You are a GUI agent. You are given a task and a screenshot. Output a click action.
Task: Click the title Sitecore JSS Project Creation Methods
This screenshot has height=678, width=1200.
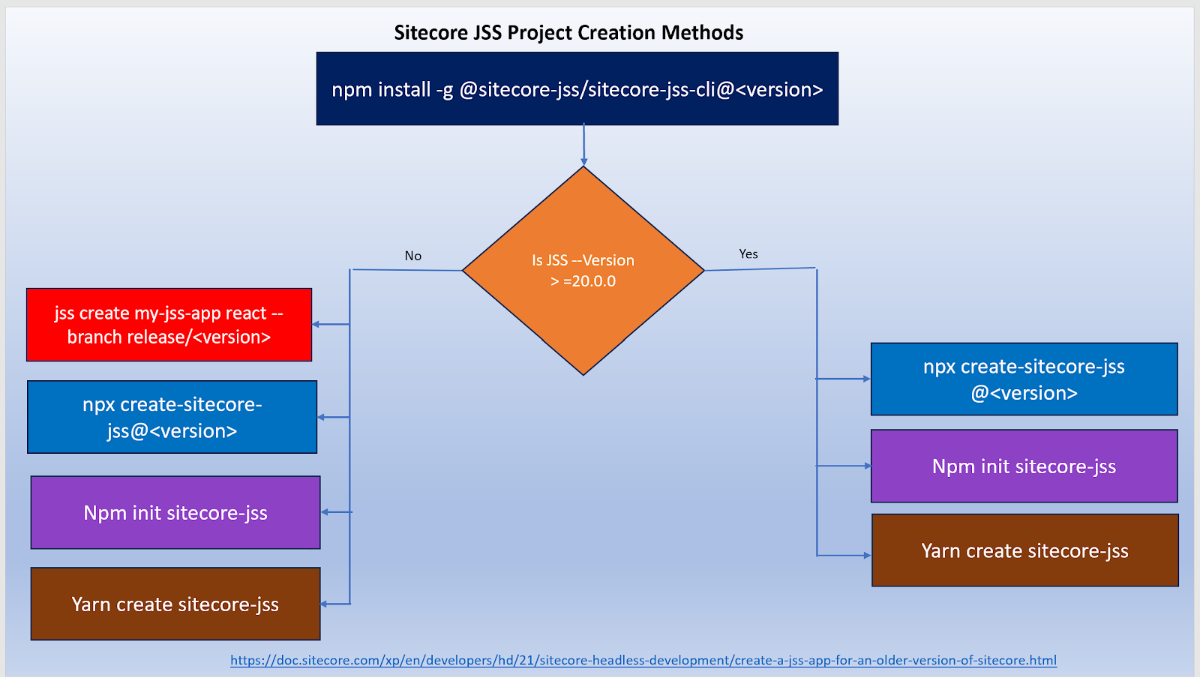(x=568, y=33)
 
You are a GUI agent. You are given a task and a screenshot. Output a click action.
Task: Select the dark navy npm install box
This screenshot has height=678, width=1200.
(x=577, y=88)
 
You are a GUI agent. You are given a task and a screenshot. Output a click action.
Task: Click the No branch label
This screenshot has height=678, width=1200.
(x=413, y=256)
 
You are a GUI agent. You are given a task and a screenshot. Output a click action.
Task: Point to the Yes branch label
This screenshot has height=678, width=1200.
(x=748, y=254)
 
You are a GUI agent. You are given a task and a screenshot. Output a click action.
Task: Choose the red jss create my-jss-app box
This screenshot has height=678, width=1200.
(x=169, y=325)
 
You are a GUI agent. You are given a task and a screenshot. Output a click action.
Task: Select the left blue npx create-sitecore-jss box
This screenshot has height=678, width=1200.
(x=172, y=417)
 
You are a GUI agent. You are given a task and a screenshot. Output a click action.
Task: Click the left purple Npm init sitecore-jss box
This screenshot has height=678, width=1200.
(x=175, y=512)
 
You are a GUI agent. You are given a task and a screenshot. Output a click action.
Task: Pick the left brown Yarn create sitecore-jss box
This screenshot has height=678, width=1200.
(x=175, y=604)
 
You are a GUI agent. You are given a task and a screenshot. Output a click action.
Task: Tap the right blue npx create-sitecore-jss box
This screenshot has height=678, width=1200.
(x=1024, y=379)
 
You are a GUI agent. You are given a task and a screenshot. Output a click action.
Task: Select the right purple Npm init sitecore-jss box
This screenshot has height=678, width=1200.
(x=1024, y=466)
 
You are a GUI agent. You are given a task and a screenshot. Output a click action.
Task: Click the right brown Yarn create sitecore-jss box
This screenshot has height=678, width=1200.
(x=1024, y=550)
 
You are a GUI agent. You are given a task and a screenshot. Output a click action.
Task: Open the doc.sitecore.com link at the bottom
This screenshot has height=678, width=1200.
(x=643, y=660)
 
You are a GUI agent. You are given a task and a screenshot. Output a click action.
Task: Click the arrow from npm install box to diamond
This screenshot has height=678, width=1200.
(x=583, y=145)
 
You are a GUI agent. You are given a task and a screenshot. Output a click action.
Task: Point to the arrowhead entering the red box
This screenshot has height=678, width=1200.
(x=316, y=325)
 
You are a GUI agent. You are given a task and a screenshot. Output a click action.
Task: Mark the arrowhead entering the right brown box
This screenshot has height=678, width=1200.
(x=867, y=556)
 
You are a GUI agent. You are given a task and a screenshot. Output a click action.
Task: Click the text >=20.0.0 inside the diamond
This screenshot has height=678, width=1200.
(x=583, y=281)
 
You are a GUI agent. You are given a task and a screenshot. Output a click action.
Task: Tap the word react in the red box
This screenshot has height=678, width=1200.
(x=246, y=313)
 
